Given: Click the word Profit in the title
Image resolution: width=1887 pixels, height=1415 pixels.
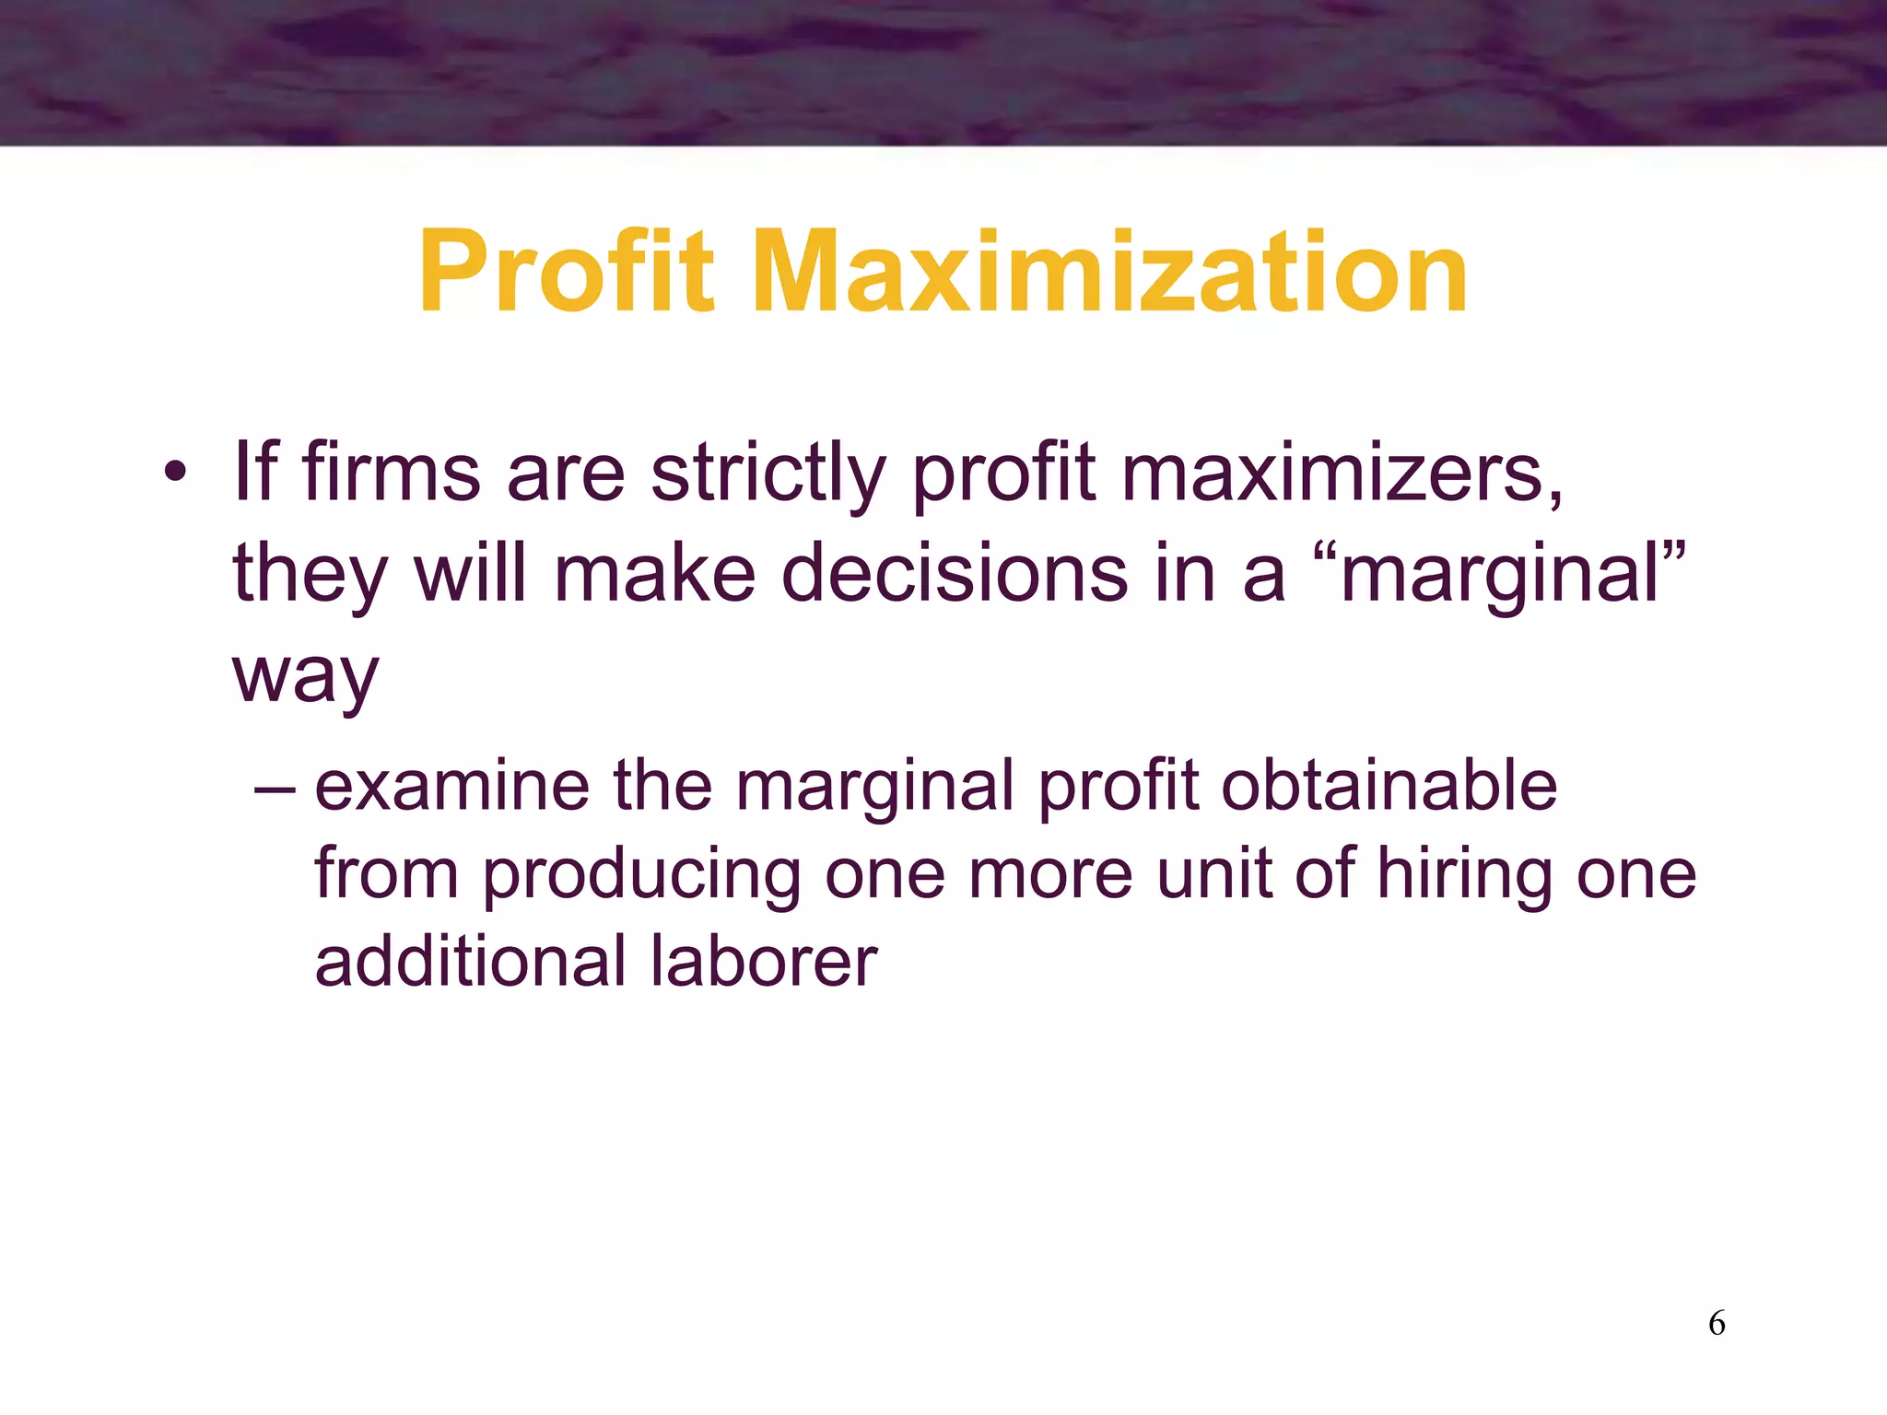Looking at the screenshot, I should (566, 273).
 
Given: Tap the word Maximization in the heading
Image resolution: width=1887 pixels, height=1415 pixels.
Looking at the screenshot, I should (1109, 273).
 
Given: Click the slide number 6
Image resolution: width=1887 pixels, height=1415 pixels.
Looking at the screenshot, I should (1717, 1323).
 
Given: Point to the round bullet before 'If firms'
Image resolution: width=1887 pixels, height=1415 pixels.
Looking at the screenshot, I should (175, 474).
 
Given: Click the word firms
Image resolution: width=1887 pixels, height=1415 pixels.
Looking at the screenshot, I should (391, 472).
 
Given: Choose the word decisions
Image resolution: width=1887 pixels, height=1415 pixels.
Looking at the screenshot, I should (954, 573).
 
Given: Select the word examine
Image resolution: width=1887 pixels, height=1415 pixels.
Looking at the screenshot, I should (452, 785).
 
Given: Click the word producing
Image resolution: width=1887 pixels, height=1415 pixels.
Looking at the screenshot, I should (641, 875).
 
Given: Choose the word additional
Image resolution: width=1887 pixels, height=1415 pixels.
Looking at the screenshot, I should (470, 961).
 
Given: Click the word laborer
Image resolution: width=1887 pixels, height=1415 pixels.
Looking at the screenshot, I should (763, 961).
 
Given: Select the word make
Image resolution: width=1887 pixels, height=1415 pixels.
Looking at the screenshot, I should (655, 573).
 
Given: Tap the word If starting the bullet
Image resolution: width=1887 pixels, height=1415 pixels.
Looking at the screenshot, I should (255, 472).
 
